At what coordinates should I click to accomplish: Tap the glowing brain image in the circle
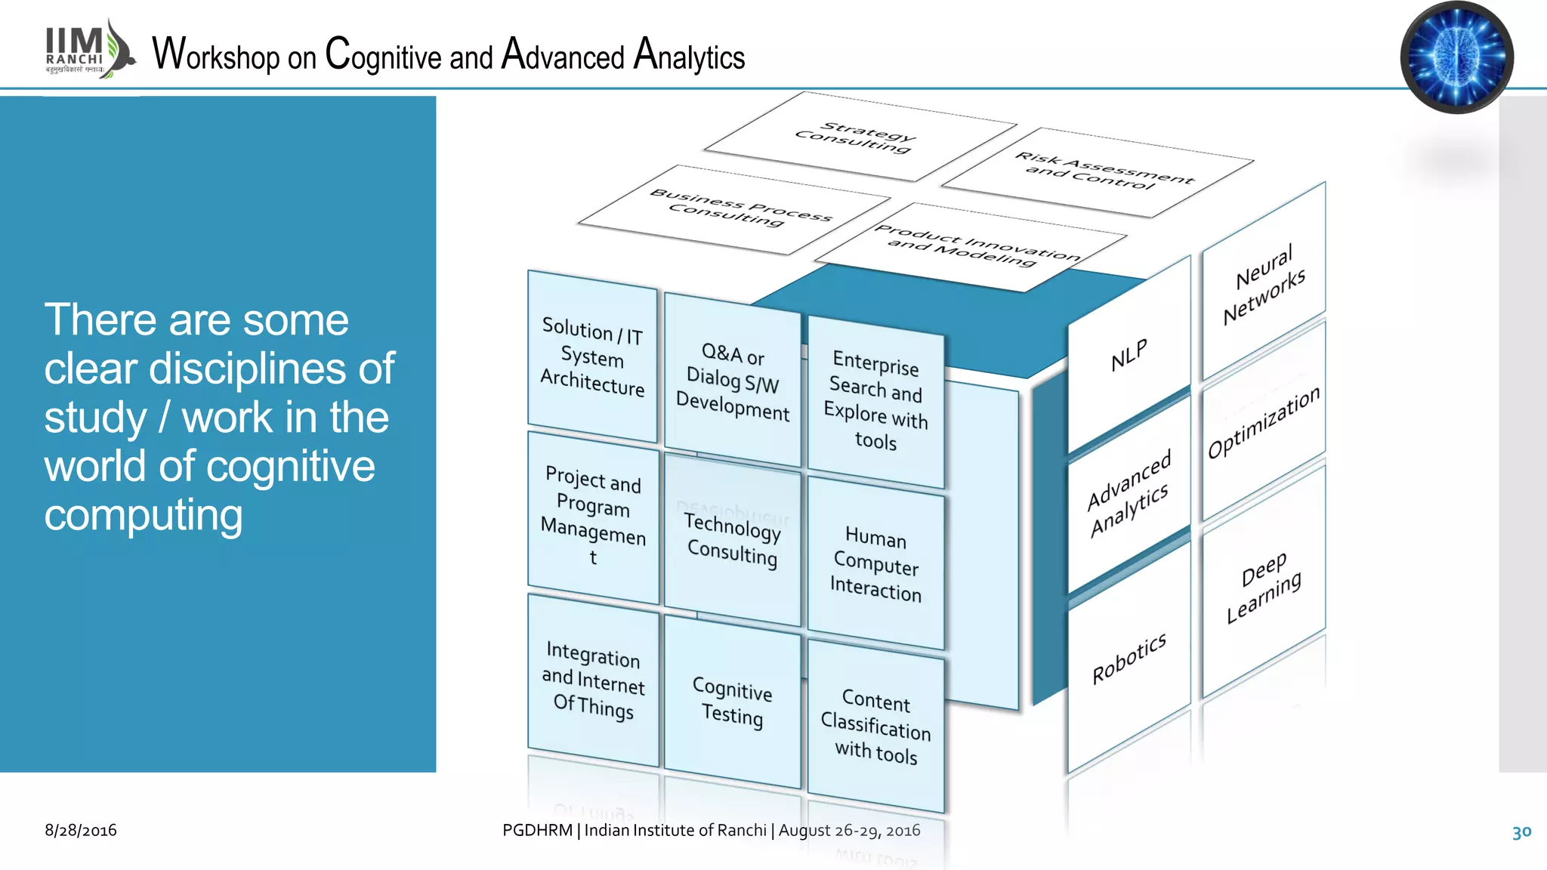coord(1456,57)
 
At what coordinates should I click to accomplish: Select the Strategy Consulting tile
coord(858,137)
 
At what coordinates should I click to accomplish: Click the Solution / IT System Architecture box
coord(592,357)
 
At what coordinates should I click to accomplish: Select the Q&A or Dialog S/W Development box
coord(732,381)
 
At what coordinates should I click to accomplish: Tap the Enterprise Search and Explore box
coord(875,401)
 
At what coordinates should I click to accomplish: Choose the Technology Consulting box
coord(732,539)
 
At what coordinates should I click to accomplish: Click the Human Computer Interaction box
coord(875,564)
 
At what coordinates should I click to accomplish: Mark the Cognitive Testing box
coord(732,702)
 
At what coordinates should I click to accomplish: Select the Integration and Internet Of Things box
coord(593,680)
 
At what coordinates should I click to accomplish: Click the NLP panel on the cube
coord(1129,356)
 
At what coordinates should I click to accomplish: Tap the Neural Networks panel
coord(1264,284)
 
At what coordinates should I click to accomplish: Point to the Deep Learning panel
coord(1264,587)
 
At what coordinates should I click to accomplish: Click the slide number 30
coord(1521,831)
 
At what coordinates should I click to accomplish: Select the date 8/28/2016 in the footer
coord(81,830)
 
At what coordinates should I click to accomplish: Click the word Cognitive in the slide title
coord(383,56)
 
